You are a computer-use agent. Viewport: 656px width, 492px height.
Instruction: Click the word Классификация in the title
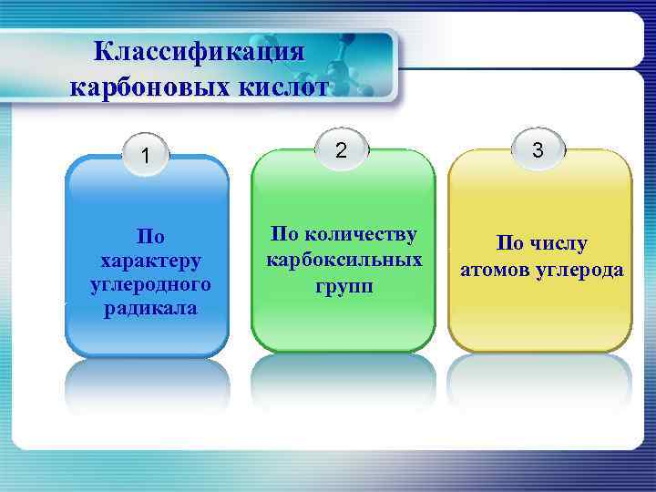point(199,52)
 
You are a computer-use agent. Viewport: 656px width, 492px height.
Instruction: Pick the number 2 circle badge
point(340,150)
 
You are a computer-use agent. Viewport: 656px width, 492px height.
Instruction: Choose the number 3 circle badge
point(538,150)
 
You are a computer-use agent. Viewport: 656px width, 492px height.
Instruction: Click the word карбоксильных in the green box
point(343,260)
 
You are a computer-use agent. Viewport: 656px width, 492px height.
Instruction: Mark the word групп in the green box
point(343,284)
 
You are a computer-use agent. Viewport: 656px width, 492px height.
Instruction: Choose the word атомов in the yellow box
point(500,270)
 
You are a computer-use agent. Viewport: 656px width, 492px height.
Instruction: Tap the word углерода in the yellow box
point(583,270)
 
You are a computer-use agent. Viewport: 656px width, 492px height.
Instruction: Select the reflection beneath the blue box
point(147,387)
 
